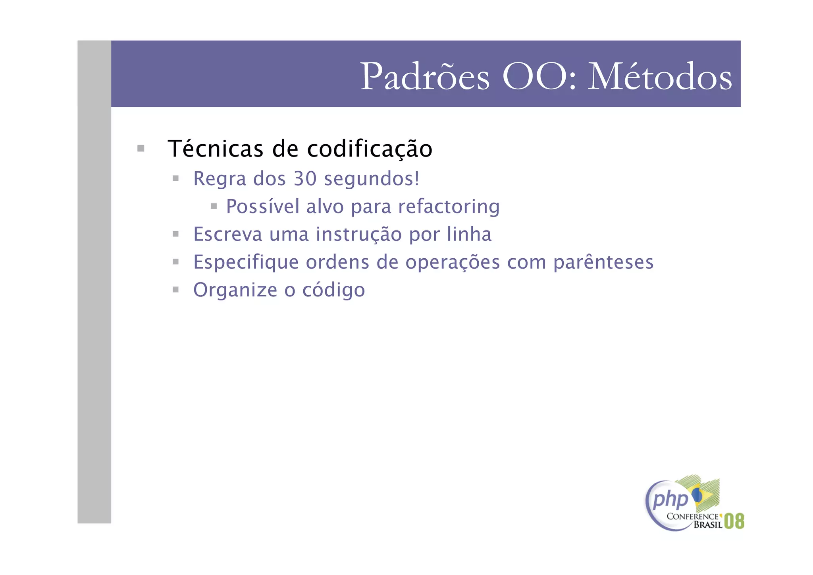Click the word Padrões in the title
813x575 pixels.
tap(425, 77)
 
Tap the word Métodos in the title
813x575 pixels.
tap(659, 77)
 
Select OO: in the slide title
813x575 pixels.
tap(539, 77)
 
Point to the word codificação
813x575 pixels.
tap(370, 149)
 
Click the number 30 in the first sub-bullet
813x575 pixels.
tap(305, 178)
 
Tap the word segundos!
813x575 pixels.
tap(372, 179)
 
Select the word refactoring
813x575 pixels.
tap(449, 207)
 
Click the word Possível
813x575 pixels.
tap(262, 206)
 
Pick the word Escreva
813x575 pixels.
tap(227, 234)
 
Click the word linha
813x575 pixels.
tap(469, 234)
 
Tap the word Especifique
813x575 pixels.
tap(246, 262)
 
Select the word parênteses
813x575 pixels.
tap(603, 262)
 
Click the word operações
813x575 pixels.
tap(453, 263)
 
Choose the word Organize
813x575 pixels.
tap(235, 290)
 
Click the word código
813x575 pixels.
tap(333, 290)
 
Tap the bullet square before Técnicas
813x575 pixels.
tap(141, 149)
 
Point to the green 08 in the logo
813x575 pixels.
tap(734, 521)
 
